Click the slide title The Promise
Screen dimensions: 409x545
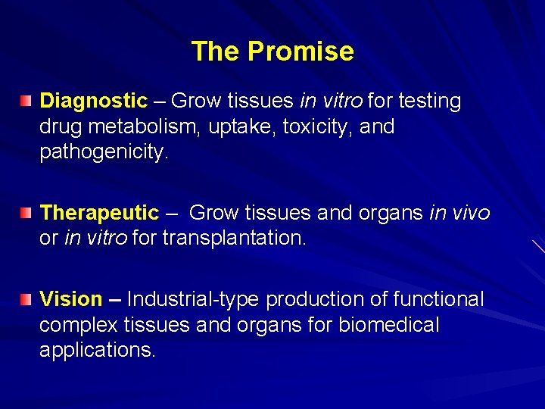pos(272,52)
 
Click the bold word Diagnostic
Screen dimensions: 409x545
pos(93,101)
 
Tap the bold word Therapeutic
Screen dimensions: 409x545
pos(99,213)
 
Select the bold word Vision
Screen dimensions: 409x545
pos(70,299)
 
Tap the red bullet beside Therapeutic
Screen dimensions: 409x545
pos(26,213)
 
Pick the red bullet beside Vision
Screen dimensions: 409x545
pos(26,300)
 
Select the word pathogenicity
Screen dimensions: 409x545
pos(104,152)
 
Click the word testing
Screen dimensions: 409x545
pos(429,101)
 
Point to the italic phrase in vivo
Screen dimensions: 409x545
pos(459,213)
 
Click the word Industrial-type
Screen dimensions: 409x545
pos(193,300)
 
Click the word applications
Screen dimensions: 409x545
pos(97,351)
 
